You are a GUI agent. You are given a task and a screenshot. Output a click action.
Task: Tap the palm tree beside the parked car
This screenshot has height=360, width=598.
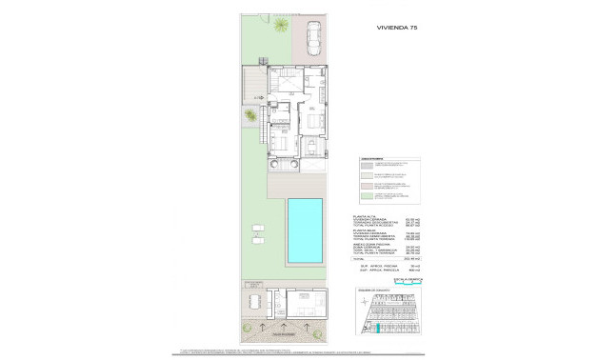[282, 27]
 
